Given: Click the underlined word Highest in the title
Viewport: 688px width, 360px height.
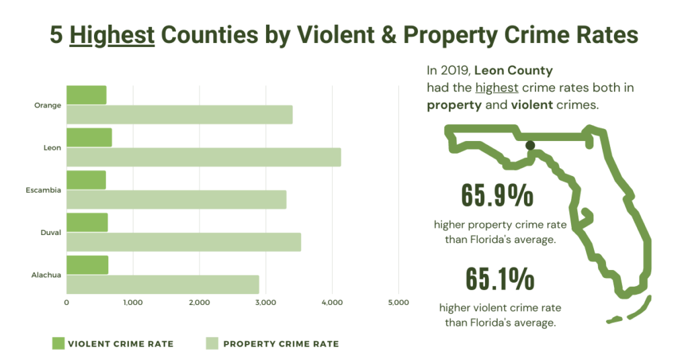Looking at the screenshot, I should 112,35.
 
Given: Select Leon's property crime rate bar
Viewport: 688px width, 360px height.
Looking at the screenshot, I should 204,157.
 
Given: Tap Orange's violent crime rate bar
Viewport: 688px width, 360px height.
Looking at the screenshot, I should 87,95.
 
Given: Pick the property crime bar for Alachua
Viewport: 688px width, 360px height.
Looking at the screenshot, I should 163,284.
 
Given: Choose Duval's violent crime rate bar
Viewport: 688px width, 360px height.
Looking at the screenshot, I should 87,222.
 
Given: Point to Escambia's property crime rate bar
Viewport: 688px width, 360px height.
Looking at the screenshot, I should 176,199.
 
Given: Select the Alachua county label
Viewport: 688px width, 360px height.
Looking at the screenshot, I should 46,275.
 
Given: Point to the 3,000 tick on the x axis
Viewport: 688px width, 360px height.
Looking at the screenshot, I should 265,303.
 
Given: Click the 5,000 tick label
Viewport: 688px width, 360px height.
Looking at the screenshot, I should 398,303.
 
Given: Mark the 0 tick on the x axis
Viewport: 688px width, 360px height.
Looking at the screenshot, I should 67,303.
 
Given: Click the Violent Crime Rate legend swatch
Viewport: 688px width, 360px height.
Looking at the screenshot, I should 58,344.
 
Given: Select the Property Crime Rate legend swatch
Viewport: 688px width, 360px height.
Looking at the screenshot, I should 212,344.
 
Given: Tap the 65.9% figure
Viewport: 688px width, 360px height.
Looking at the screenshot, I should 497,195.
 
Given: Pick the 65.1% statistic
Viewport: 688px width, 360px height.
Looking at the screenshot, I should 498,279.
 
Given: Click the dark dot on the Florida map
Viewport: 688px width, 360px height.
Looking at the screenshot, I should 530,145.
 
